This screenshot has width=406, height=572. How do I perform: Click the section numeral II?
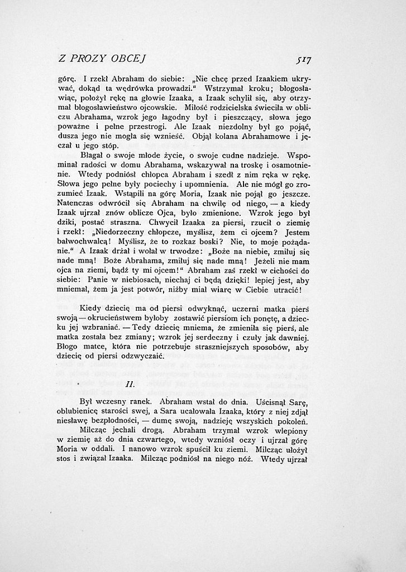128,385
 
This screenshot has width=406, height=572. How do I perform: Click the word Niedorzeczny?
122,234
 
